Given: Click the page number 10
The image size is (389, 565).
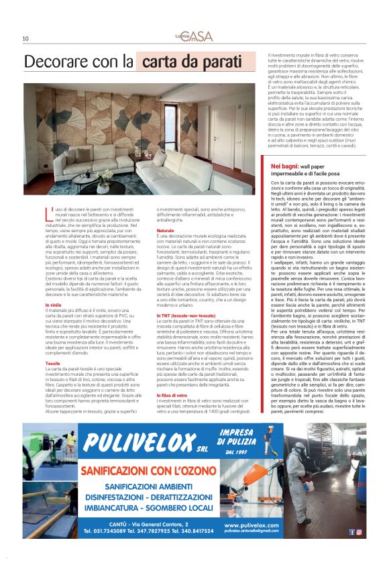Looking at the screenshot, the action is (x=25, y=39).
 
